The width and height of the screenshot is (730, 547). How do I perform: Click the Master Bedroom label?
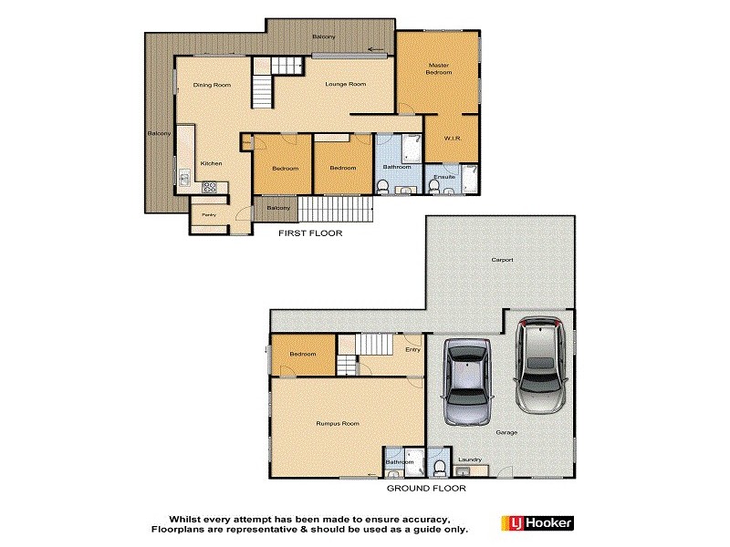(439, 68)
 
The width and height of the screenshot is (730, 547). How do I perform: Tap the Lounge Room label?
(346, 84)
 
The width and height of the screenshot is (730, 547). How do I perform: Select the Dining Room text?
(211, 85)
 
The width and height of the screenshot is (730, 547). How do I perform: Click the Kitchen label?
(212, 163)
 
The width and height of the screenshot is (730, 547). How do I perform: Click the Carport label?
(502, 260)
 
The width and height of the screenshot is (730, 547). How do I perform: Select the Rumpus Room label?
(338, 423)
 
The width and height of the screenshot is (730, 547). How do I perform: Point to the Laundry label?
(470, 459)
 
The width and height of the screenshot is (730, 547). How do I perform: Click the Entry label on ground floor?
(412, 349)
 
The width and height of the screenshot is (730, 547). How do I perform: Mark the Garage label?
(506, 432)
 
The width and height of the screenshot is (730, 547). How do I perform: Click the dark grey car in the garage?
(467, 382)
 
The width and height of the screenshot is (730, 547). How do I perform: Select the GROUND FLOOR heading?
(425, 488)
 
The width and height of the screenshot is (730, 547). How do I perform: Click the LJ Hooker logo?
(537, 522)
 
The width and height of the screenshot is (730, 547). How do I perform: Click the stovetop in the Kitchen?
(209, 189)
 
